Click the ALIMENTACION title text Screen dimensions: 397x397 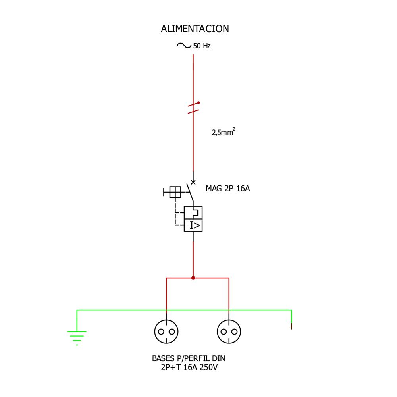195,29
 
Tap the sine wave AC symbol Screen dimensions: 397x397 184,46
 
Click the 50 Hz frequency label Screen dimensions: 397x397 202,46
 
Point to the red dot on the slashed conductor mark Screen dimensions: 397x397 198,102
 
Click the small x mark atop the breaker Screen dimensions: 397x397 193,182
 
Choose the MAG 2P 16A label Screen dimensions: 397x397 227,189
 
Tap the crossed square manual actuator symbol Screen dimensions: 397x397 175,192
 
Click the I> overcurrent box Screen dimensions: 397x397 193,225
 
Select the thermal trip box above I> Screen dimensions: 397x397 193,212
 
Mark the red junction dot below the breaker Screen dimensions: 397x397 193,278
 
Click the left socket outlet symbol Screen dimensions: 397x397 166,331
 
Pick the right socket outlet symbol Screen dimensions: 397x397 229,331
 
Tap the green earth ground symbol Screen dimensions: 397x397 77,337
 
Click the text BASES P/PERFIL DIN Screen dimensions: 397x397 189,358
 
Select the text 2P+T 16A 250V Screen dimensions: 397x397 189,368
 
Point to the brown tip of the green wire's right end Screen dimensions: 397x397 292,326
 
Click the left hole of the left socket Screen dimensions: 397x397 161,331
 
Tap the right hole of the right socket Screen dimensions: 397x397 234,331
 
